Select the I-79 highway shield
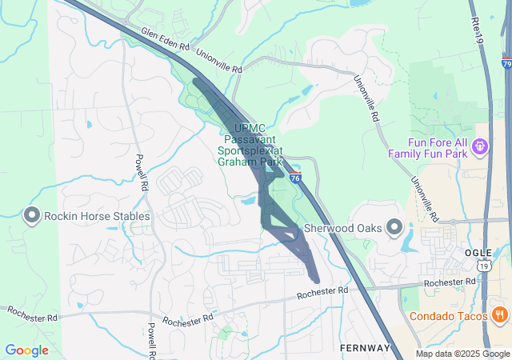coord(507,62)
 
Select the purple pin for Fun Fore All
coord(479,146)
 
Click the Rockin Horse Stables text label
coord(97,216)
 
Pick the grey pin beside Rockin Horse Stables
coord(32,215)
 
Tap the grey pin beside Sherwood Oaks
coord(394,228)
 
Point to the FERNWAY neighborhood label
coord(364,348)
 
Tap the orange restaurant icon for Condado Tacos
coord(500,314)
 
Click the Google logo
coord(26,350)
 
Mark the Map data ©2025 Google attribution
coord(462,354)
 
